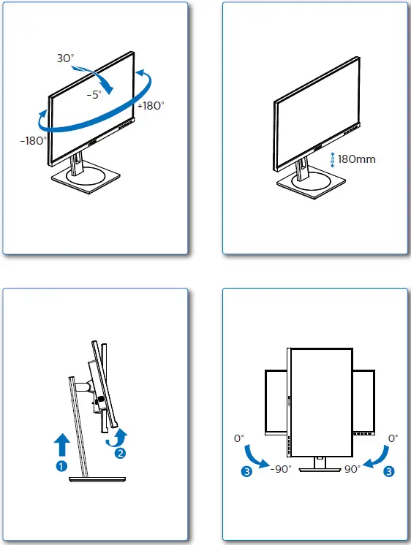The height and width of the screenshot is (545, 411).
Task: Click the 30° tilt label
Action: pos(66,58)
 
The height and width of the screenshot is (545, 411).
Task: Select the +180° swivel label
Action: pos(150,105)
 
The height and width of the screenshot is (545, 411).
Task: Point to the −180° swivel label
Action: pos(34,140)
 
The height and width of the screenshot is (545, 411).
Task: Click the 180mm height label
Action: pos(356,159)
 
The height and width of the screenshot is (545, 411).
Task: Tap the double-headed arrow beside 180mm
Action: pos(333,159)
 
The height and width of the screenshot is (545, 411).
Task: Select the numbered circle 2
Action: pos(121,452)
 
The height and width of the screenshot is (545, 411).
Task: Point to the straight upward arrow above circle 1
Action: pos(62,444)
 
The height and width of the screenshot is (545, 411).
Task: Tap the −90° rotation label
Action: pos(280,469)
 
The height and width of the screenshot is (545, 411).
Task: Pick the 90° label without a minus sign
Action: pos(352,469)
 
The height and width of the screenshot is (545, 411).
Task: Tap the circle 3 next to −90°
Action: pos(249,471)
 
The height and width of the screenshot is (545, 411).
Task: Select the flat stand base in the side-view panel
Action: pos(97,479)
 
